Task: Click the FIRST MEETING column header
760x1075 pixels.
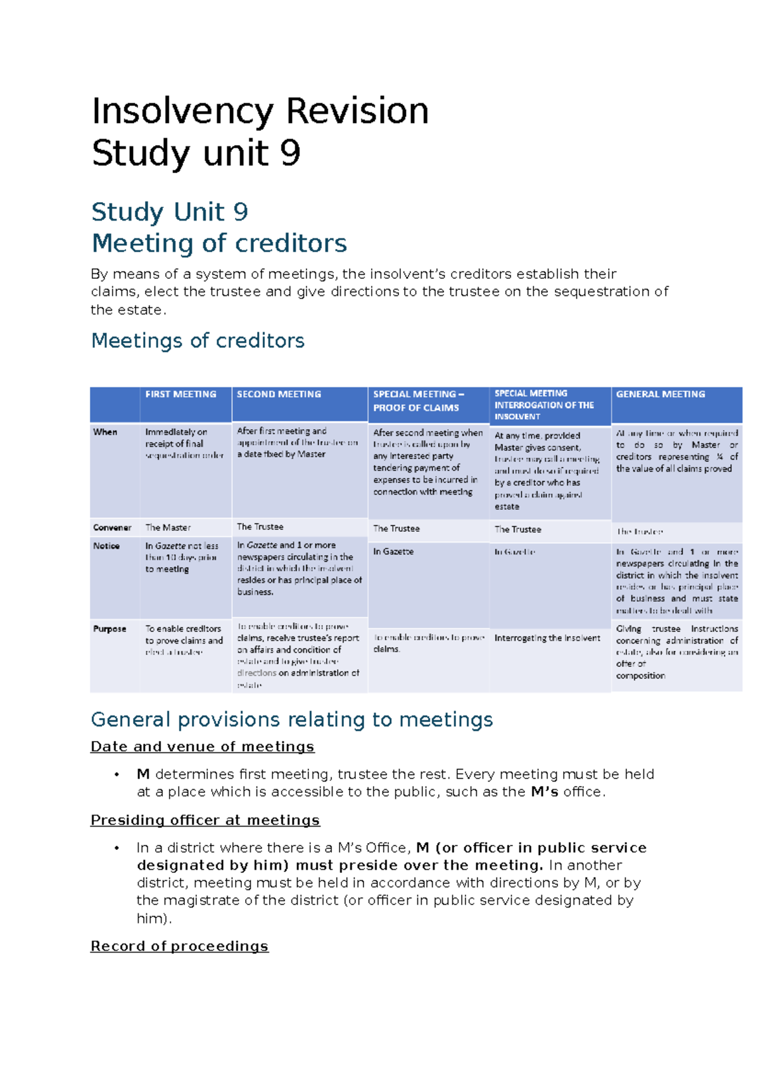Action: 180,394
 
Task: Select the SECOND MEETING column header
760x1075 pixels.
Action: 279,394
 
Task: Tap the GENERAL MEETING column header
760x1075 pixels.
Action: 660,394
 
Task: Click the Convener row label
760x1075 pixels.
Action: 112,527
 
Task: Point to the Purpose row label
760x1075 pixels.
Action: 110,629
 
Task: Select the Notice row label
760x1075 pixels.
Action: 106,546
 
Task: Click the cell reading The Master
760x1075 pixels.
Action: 168,527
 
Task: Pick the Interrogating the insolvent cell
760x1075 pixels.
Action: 547,638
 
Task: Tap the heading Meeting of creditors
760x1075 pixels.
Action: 219,243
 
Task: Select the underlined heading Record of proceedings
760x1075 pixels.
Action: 179,946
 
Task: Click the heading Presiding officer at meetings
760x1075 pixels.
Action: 205,820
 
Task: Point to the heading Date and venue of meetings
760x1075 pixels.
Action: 202,747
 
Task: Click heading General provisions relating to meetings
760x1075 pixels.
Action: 291,719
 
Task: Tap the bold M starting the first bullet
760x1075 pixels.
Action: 143,774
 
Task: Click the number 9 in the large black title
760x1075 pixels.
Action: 290,153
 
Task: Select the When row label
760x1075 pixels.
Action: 105,432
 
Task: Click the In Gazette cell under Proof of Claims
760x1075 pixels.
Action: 393,551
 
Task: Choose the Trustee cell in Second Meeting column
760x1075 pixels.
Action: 260,527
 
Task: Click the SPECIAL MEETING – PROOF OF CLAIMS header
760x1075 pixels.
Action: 418,401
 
